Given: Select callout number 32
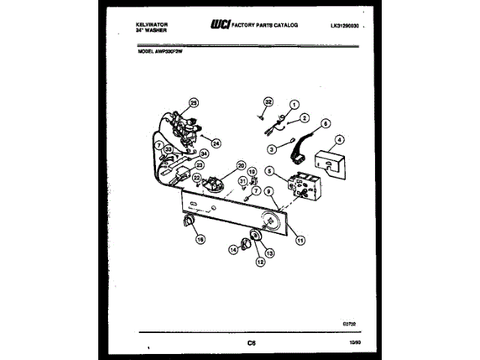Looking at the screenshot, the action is click(267, 101).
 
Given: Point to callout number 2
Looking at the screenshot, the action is click(304, 118).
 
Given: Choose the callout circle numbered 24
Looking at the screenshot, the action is click(216, 143).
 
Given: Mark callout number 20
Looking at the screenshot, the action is click(241, 165).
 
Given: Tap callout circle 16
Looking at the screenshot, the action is click(200, 239).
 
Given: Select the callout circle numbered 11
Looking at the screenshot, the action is click(301, 241).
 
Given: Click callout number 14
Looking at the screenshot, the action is click(233, 250).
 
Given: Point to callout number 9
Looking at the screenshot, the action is click(268, 193).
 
